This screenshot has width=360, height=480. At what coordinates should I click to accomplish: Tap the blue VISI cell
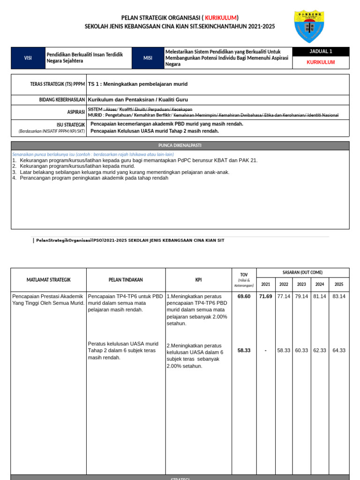tap(28, 58)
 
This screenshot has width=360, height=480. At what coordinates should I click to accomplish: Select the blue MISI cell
tap(148, 58)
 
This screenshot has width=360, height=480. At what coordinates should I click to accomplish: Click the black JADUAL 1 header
tap(321, 52)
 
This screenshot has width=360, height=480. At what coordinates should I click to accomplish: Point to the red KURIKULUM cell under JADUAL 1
tap(321, 62)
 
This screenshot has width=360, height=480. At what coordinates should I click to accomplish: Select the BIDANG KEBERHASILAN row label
tap(62, 100)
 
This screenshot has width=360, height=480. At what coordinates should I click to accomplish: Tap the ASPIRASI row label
tap(75, 112)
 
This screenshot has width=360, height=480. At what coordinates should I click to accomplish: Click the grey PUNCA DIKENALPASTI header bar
tap(180, 145)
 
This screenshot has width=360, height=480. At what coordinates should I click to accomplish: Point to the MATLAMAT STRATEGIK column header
tap(48, 280)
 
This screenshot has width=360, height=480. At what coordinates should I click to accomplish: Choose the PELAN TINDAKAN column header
tap(126, 280)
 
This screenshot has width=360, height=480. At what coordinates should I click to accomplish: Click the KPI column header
tap(198, 280)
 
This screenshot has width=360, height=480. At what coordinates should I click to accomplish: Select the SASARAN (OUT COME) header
tap(302, 272)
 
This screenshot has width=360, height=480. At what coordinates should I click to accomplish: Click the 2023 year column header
tap(301, 285)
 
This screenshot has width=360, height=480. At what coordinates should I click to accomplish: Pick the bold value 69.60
tap(244, 296)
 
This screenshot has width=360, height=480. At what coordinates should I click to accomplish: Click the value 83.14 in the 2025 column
tap(339, 296)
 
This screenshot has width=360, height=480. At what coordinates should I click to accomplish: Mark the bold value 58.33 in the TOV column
tap(244, 350)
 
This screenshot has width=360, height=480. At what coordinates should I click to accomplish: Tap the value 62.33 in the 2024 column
tap(320, 350)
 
